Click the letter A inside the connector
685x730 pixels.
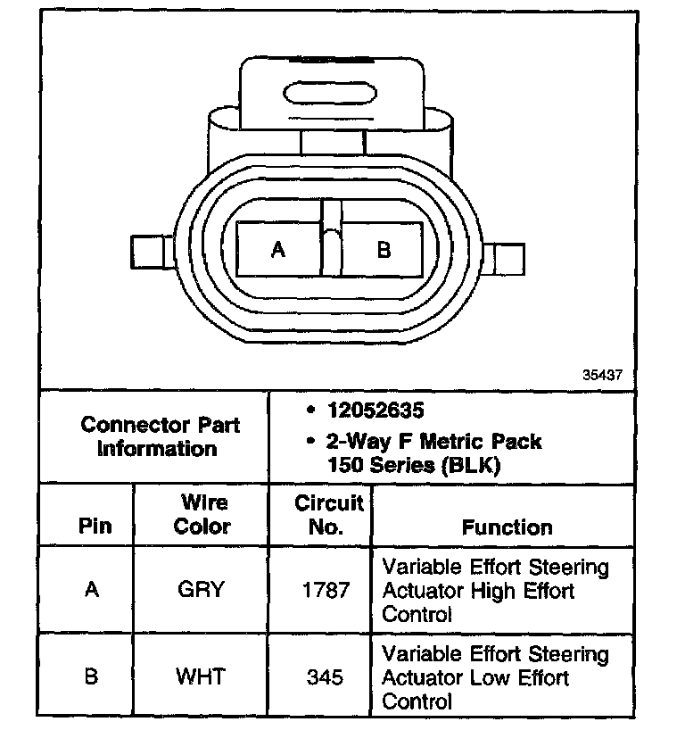pos(278,250)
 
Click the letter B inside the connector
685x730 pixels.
pos(384,250)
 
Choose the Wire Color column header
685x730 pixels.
pos(202,514)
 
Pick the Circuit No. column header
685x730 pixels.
pos(328,514)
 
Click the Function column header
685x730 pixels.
pos(507,527)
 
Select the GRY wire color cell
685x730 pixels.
pos(202,590)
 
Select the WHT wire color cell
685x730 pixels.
pos(202,677)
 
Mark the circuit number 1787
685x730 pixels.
pos(326,590)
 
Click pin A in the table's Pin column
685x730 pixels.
pos(92,590)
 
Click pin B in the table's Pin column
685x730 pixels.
pos(92,676)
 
